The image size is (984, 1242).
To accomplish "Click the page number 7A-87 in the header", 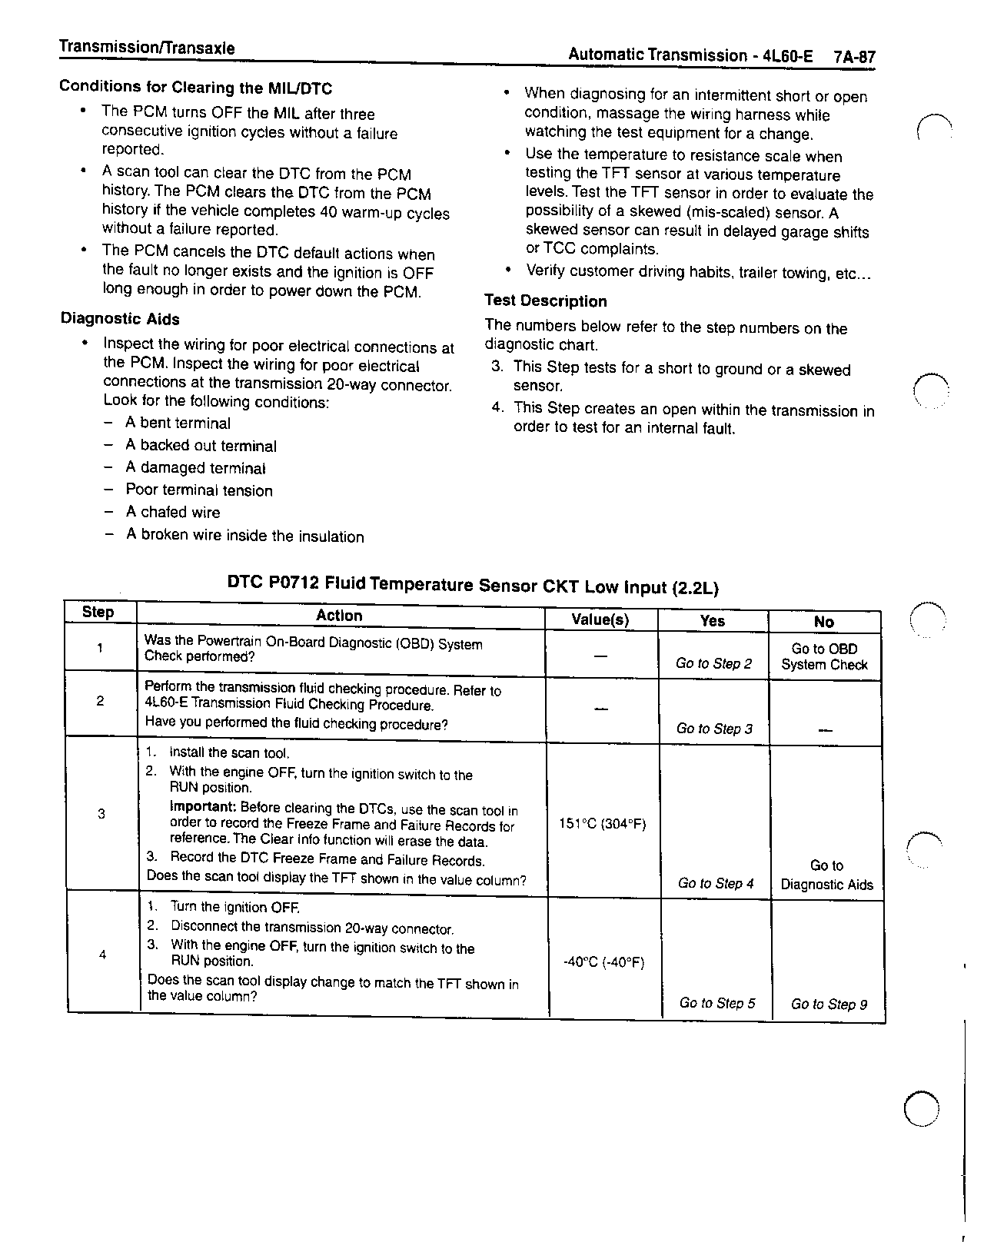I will (854, 57).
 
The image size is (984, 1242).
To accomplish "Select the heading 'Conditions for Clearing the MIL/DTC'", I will (196, 88).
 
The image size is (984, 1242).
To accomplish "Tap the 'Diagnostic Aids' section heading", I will (120, 319).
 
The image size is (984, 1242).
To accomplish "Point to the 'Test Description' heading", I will (545, 301).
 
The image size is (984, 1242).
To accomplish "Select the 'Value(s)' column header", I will (600, 619).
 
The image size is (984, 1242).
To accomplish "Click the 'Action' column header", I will (339, 616).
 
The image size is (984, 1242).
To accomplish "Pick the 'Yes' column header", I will (712, 620).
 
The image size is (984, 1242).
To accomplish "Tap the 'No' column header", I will (823, 622).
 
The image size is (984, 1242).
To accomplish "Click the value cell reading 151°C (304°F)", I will (603, 824).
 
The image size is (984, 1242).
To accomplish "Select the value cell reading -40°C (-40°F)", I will (603, 962).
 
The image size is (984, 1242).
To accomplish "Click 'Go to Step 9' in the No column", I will (829, 1005).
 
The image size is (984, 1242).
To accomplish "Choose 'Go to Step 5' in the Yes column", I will (717, 1003).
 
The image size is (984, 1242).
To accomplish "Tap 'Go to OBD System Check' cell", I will (824, 657).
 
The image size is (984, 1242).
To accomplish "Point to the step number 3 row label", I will (101, 814).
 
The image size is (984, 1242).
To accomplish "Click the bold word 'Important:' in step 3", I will (203, 807).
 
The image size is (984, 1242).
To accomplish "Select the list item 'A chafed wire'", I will (172, 513).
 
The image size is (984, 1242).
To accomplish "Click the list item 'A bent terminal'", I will (178, 423).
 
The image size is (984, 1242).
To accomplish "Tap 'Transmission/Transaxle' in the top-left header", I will (147, 48).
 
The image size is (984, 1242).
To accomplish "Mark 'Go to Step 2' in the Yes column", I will (713, 663).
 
